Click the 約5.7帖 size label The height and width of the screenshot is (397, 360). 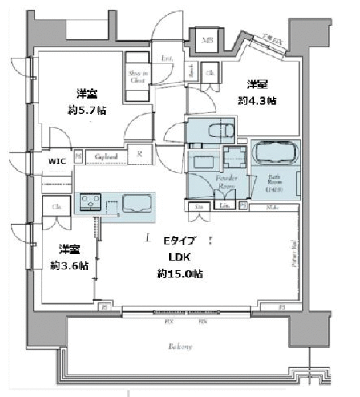85,109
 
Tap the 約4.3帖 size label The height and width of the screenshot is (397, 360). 257,101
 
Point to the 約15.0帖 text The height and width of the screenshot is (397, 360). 180,273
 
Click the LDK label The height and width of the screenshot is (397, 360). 180,257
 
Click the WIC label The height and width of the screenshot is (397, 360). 57,162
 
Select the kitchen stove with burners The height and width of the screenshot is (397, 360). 91,203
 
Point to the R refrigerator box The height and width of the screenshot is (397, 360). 140,155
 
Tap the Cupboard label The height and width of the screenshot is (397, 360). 106,157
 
